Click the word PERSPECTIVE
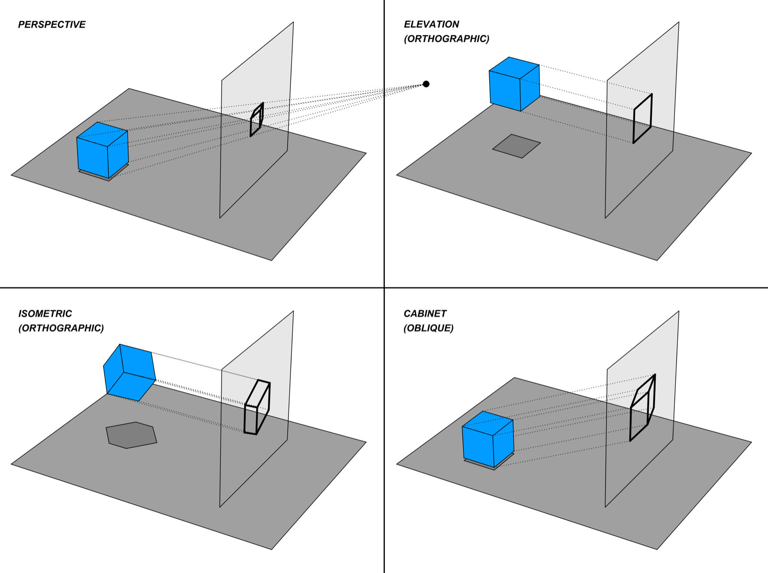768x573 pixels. tap(52, 25)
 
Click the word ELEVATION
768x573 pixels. tap(431, 25)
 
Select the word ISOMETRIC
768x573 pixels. tap(45, 314)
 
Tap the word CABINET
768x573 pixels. tap(425, 314)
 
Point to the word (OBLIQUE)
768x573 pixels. tap(428, 328)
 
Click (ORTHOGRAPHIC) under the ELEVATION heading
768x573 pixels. tap(446, 39)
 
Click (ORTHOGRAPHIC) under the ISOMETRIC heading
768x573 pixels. tap(61, 328)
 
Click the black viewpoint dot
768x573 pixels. tap(426, 84)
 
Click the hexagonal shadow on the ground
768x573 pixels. tap(131, 435)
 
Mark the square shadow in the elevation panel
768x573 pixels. tap(516, 146)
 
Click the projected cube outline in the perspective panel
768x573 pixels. tap(257, 120)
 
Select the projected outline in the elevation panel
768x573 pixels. tap(642, 118)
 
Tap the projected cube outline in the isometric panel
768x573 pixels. tap(257, 407)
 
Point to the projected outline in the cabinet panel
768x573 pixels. tap(642, 407)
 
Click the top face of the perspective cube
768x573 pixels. tap(102, 133)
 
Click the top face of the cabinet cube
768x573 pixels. tap(488, 422)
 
